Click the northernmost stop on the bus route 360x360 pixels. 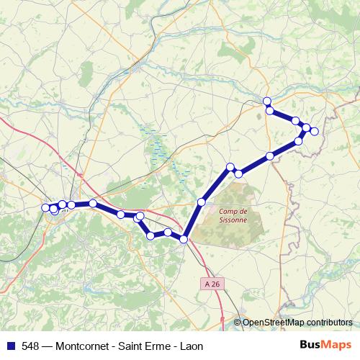[267, 102]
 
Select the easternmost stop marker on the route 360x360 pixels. [314, 131]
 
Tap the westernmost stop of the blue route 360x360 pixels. [46, 207]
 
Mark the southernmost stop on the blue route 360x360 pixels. [184, 239]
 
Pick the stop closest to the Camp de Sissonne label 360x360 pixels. [202, 202]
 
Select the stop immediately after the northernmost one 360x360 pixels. [270, 110]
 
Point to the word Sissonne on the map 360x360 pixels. [232, 220]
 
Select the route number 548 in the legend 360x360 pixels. [30, 346]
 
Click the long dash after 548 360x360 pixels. [48, 346]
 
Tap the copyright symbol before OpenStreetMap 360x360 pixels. [238, 322]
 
